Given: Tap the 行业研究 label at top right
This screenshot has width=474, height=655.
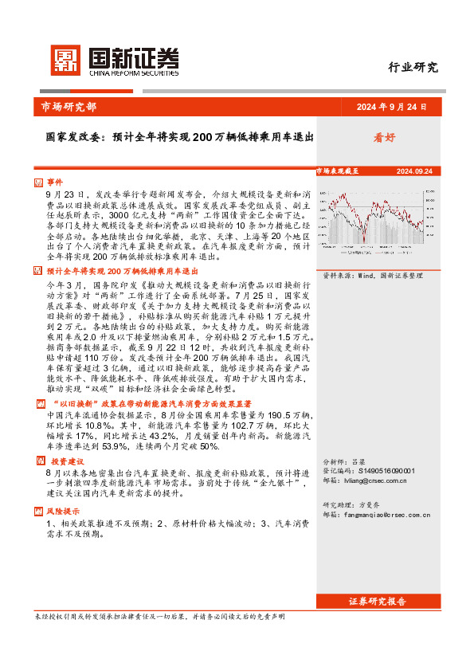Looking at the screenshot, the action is point(413,68).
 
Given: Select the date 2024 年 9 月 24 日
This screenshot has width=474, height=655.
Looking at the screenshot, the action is point(391,107).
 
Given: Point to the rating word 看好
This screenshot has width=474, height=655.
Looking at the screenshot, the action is point(384,137).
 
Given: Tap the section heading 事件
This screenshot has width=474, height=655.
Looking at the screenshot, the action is point(53,182).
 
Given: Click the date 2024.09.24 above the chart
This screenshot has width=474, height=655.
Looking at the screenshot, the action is point(414,171).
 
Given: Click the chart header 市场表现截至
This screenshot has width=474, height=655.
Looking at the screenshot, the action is point(338,171).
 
